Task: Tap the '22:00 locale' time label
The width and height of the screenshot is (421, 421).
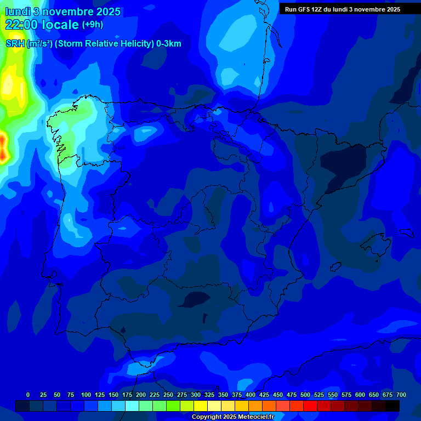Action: pyautogui.click(x=42, y=25)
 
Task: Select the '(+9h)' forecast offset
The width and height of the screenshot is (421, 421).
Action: pyautogui.click(x=92, y=25)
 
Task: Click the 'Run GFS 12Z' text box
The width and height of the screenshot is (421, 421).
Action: pyautogui.click(x=343, y=9)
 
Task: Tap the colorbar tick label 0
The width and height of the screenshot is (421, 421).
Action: pyautogui.click(x=28, y=395)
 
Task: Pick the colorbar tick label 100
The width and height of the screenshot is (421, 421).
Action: pyautogui.click(x=86, y=395)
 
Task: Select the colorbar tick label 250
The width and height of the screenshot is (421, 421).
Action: pyautogui.click(x=168, y=395)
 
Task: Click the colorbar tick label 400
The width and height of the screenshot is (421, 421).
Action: pyautogui.click(x=251, y=395)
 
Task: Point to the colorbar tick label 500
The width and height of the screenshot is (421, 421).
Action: pyautogui.click(x=305, y=395)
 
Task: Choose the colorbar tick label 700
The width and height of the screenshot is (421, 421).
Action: pyautogui.click(x=401, y=395)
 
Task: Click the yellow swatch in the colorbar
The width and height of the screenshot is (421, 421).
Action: pyautogui.click(x=201, y=406)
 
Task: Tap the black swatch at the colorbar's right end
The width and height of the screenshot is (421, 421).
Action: pyautogui.click(x=392, y=406)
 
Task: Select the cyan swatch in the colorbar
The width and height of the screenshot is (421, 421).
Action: pyautogui.click(x=132, y=406)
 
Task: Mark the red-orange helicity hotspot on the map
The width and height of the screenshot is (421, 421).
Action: pyautogui.click(x=3, y=150)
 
